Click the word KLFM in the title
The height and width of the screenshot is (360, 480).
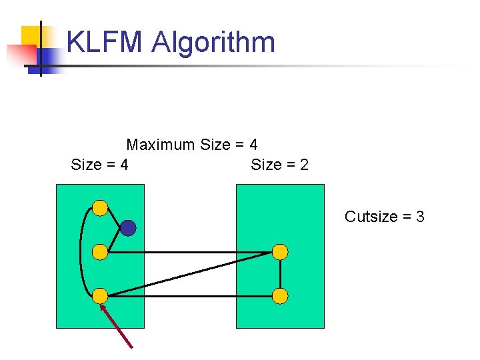(x=105, y=43)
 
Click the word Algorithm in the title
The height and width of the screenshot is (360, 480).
(x=213, y=43)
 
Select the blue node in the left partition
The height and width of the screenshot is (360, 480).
(x=128, y=229)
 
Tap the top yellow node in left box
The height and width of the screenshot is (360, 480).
(x=99, y=208)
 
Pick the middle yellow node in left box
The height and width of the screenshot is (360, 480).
(x=99, y=252)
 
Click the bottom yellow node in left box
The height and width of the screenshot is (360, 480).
(x=99, y=295)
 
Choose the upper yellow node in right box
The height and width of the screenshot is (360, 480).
(x=281, y=252)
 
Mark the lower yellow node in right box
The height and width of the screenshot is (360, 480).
(x=281, y=295)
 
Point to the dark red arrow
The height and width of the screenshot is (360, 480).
(x=117, y=327)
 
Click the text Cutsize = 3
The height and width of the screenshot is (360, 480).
(x=385, y=217)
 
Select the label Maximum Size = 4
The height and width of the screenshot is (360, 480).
(x=192, y=145)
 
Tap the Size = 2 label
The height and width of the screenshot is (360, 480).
(x=280, y=165)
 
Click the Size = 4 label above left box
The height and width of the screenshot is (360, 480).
(x=99, y=165)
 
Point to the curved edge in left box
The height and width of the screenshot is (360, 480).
(x=81, y=252)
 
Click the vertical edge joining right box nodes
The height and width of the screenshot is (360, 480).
(x=281, y=274)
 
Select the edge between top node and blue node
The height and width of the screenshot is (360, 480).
(x=113, y=218)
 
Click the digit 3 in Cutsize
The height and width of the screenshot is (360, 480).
(x=420, y=217)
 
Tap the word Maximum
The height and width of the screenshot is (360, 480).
(x=161, y=145)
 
